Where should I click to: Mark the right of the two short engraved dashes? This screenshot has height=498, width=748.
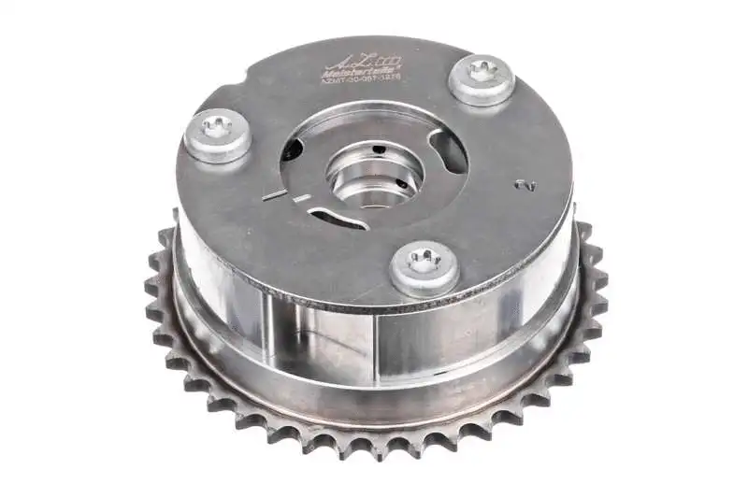[x=300, y=198]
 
